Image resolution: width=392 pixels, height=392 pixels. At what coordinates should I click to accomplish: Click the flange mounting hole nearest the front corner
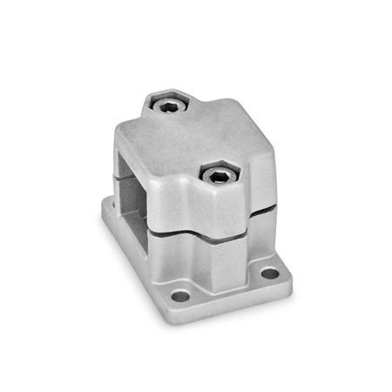click(180, 296)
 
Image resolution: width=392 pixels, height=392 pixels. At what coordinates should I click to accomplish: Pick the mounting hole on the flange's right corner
click(269, 273)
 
